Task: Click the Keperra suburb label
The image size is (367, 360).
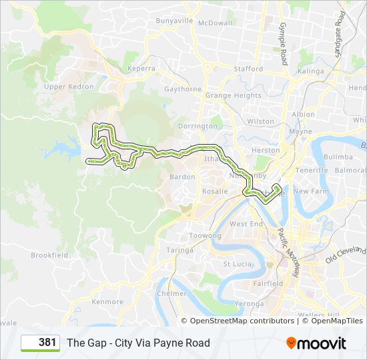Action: click(x=141, y=69)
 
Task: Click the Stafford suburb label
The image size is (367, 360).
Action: click(x=248, y=69)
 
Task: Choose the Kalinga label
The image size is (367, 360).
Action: click(x=310, y=71)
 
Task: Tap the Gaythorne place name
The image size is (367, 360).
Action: click(x=182, y=89)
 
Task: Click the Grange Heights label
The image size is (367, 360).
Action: click(x=233, y=96)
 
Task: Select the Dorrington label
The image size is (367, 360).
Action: click(x=198, y=126)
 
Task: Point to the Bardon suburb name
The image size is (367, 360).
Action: click(x=182, y=177)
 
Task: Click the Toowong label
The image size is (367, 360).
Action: click(x=205, y=236)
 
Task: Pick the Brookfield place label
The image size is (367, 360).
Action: click(x=49, y=255)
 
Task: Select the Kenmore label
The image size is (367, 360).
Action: click(x=107, y=302)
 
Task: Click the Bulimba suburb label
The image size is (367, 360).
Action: click(x=338, y=157)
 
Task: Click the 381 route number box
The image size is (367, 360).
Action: click(x=41, y=343)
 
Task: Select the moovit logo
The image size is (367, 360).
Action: click(x=316, y=343)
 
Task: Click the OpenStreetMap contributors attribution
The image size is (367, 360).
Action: click(x=242, y=321)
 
